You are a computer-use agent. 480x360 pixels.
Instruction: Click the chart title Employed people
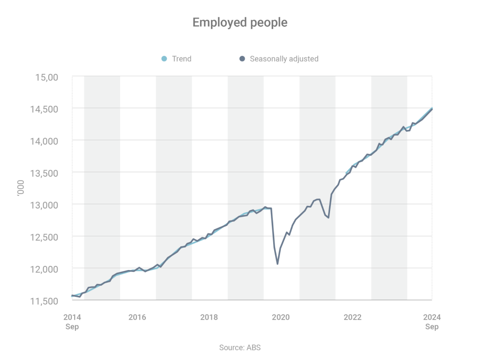click(x=240, y=22)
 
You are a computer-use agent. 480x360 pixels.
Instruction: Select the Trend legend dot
click(x=164, y=59)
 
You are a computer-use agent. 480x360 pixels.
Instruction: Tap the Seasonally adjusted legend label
click(x=284, y=59)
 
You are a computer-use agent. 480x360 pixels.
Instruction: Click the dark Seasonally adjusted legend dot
click(x=242, y=59)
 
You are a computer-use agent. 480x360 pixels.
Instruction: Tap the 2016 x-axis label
click(x=137, y=317)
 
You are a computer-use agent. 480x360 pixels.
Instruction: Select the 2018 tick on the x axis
click(x=209, y=317)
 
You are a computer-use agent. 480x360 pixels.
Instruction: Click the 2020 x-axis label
click(x=281, y=317)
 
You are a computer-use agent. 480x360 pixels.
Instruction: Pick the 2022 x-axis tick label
click(x=352, y=317)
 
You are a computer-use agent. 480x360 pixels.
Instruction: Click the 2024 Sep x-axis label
click(x=432, y=322)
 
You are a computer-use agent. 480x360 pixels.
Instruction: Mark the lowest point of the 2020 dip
click(x=277, y=264)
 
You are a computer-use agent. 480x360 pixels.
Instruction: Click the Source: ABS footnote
click(x=240, y=347)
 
